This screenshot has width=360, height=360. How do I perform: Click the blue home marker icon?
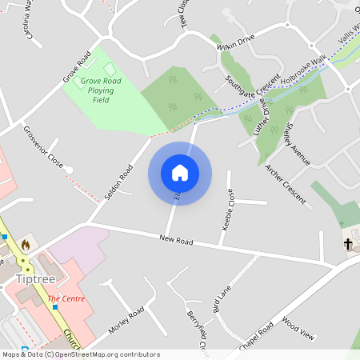click(x=180, y=173)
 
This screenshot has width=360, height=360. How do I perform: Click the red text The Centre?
click(x=66, y=299)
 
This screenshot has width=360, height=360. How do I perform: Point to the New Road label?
click(x=177, y=239)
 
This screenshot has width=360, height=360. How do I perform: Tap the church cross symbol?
click(x=348, y=243)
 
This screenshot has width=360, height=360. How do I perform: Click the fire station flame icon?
click(x=25, y=245)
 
